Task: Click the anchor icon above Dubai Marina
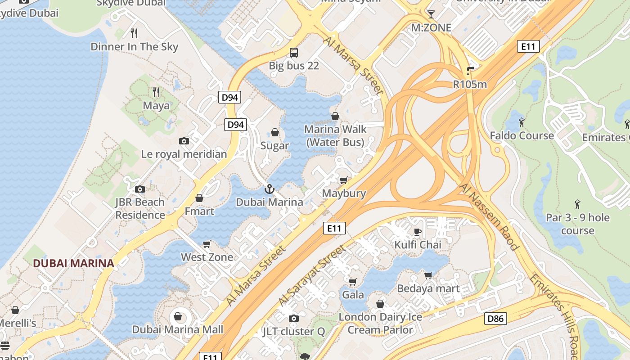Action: tap(269, 189)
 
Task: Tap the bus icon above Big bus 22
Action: tap(294, 53)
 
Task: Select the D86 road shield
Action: tap(496, 319)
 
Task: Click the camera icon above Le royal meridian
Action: tap(184, 141)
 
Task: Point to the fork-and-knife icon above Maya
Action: tap(156, 92)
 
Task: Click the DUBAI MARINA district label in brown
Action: tap(73, 263)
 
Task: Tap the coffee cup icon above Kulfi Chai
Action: tap(418, 232)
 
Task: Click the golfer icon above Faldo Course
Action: tap(522, 122)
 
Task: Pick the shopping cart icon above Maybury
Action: tap(343, 180)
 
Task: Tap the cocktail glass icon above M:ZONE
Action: tap(431, 14)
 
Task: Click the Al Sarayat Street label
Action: tap(312, 275)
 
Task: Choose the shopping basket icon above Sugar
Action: tap(274, 132)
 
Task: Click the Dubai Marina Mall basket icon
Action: tap(178, 316)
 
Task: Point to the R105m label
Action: tap(470, 84)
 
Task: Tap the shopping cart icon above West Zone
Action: tap(207, 244)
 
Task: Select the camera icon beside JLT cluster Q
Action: tap(293, 319)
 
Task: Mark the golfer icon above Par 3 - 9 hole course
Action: tap(577, 205)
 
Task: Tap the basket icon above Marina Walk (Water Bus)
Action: tap(335, 116)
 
